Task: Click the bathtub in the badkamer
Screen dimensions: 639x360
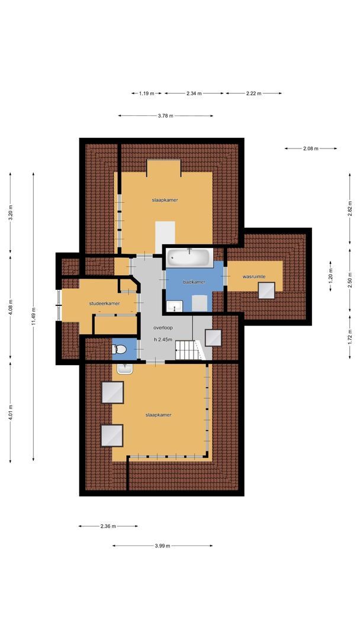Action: click(x=189, y=257)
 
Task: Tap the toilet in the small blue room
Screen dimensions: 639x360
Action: click(x=119, y=350)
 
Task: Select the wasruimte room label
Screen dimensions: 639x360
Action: click(x=254, y=276)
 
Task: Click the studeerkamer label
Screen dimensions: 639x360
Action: click(x=105, y=304)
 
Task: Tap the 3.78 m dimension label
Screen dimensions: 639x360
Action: click(x=165, y=116)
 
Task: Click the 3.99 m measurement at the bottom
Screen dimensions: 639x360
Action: click(x=162, y=546)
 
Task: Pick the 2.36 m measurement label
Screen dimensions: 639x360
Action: click(x=108, y=526)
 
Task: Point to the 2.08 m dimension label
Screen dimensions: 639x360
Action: click(x=310, y=149)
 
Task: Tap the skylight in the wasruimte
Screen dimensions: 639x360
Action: click(x=266, y=291)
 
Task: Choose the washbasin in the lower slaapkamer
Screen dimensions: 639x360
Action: click(x=125, y=369)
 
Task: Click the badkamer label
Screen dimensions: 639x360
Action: click(x=194, y=282)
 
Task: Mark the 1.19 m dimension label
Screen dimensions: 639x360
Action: click(x=146, y=93)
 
